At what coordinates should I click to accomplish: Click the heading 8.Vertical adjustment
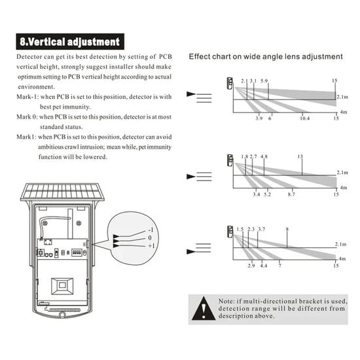[70, 41]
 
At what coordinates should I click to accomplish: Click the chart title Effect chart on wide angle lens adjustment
[266, 56]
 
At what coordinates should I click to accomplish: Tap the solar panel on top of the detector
[62, 192]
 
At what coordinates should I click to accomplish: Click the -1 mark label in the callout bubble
[151, 230]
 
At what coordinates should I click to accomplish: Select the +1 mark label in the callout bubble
[151, 246]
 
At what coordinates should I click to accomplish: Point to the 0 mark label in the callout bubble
[150, 238]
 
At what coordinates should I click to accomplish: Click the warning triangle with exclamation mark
[204, 309]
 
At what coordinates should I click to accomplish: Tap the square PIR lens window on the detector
[62, 286]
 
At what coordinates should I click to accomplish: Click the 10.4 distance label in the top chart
[304, 118]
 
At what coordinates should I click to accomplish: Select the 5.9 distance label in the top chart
[264, 81]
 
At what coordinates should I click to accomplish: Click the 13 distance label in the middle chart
[300, 156]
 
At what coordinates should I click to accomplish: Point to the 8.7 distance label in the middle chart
[291, 194]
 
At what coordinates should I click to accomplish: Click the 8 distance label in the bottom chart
[287, 229]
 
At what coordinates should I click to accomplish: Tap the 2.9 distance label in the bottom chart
[251, 266]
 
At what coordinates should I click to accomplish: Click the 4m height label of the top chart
[344, 112]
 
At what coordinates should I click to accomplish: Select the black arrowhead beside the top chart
[190, 94]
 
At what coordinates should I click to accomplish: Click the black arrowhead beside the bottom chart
[190, 251]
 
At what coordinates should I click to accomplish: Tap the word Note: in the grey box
[226, 301]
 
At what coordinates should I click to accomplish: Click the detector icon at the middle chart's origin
[230, 160]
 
